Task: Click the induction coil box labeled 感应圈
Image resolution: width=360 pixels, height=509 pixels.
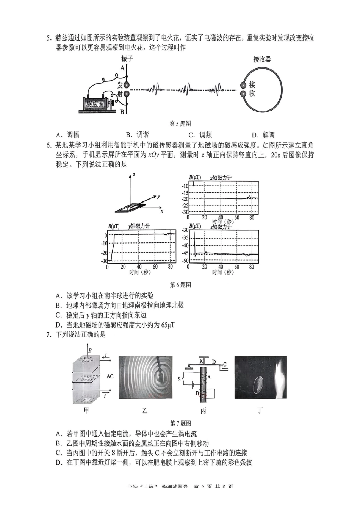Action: click(x=95, y=104)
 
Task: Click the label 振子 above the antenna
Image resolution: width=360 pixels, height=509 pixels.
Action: click(x=127, y=59)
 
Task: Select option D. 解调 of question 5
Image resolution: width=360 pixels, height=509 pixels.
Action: click(x=263, y=135)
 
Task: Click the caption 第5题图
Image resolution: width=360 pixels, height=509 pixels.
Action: click(x=180, y=124)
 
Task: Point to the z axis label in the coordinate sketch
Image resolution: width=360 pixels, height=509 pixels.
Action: click(x=133, y=175)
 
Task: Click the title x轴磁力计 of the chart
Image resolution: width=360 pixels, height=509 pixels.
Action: click(x=221, y=177)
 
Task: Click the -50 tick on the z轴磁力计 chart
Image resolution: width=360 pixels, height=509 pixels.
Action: click(x=185, y=261)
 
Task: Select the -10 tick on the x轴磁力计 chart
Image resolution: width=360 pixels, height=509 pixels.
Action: click(x=185, y=186)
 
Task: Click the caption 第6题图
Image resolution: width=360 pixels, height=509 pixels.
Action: click(x=180, y=285)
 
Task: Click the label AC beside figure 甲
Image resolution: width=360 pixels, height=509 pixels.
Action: click(x=110, y=376)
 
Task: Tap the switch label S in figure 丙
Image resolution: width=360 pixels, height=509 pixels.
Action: click(x=179, y=379)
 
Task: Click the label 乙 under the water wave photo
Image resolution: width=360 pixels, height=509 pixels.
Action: click(x=145, y=410)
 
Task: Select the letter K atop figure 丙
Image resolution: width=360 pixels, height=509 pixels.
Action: click(x=201, y=361)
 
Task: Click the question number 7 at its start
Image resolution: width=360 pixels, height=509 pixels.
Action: click(x=48, y=334)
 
